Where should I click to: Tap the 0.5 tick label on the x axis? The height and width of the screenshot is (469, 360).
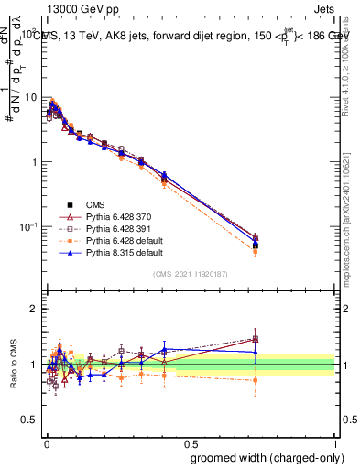click(190, 440)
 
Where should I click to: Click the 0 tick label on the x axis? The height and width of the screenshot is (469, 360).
click(46, 440)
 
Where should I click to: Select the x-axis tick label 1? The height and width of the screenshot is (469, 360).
click(333, 440)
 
